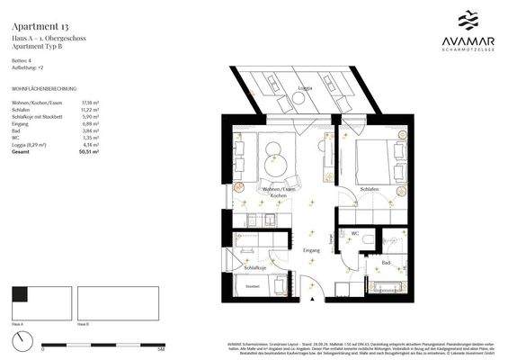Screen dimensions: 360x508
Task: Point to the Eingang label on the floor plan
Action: [x=311, y=248]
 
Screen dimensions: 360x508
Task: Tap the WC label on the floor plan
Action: [x=356, y=234]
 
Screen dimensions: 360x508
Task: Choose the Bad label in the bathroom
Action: [x=385, y=263]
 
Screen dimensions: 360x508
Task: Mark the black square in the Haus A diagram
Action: [x=20, y=292]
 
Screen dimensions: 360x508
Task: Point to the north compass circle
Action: [x=21, y=341]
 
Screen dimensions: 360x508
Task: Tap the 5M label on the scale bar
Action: [x=135, y=348]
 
